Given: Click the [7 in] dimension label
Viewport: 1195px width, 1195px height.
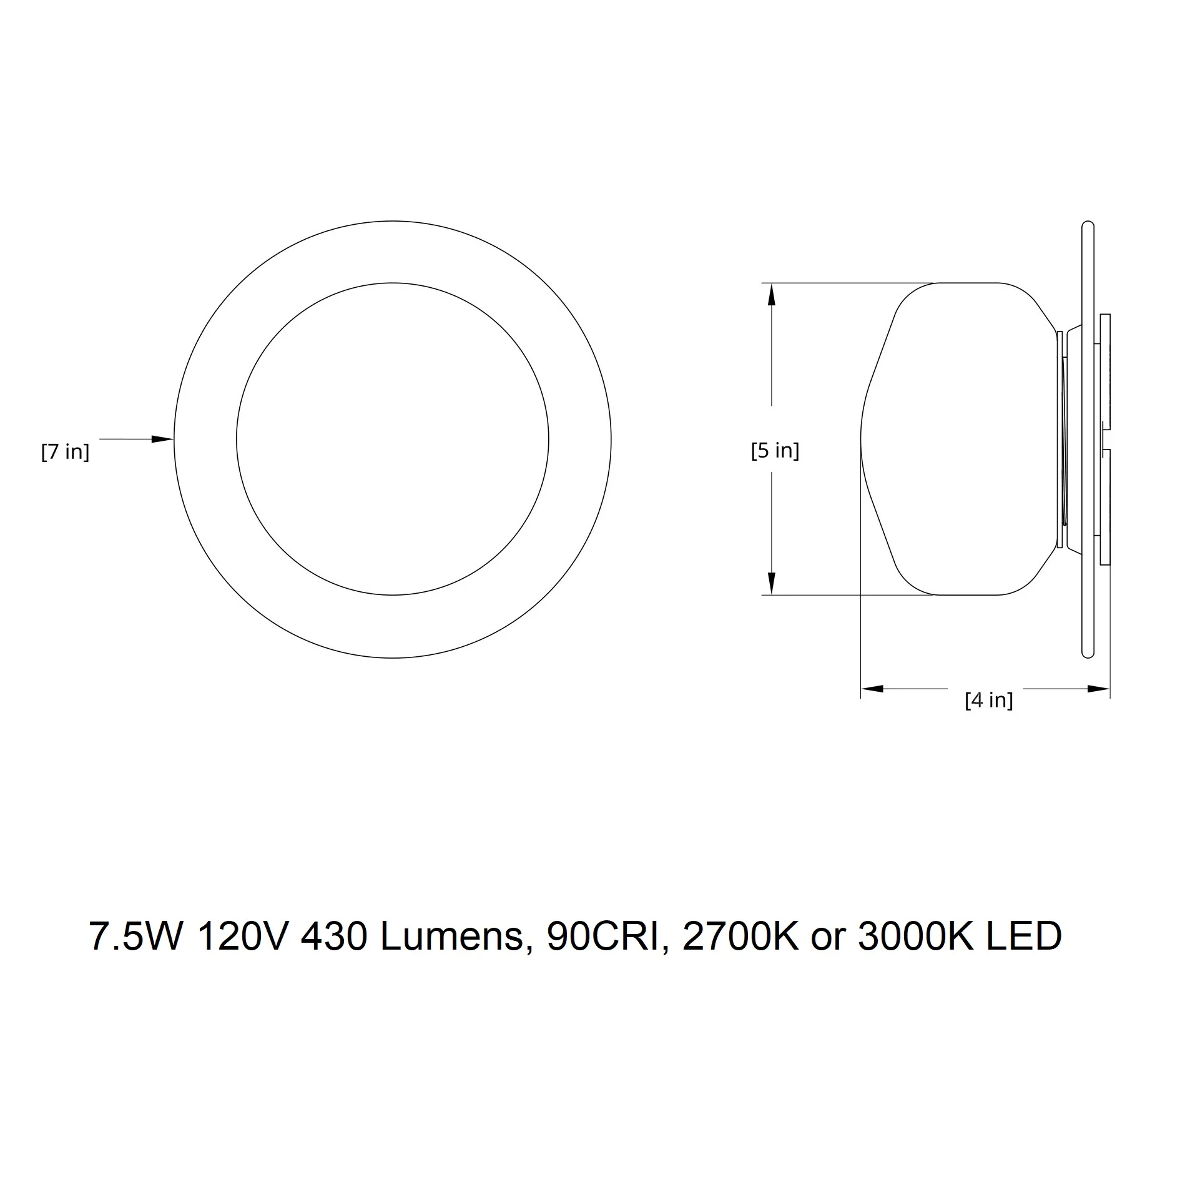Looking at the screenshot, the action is pos(66,451).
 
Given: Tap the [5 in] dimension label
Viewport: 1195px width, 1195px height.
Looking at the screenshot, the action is pos(775,450).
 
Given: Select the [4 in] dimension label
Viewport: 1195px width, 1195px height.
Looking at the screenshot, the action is pos(989,700).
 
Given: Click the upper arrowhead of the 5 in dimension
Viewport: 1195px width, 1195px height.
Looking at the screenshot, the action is pos(772,294).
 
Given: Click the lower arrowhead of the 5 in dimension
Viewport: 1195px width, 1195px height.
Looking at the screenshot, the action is pos(772,584).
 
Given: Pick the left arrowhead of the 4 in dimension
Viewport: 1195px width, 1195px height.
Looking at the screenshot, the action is pos(872,689).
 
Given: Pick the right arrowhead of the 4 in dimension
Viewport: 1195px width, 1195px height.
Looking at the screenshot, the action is pos(1098,689).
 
